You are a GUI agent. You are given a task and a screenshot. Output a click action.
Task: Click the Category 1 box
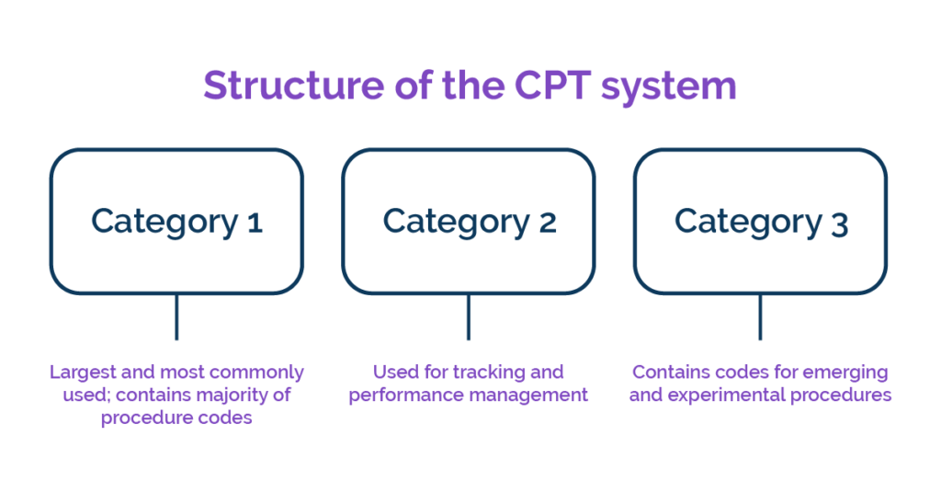click(176, 221)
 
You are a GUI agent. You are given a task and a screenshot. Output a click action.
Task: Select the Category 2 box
click(469, 221)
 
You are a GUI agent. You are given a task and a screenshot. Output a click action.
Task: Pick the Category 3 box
click(760, 221)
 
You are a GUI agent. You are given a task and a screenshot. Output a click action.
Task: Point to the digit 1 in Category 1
click(255, 222)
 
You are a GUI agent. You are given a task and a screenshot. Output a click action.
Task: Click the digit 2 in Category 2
click(547, 222)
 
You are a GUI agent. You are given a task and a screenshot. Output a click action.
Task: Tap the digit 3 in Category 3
click(839, 222)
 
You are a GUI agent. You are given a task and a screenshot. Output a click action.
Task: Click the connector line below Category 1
click(176, 316)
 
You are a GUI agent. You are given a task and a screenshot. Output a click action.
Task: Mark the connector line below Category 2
click(469, 316)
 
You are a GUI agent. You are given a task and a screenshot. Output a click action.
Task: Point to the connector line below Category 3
click(760, 316)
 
